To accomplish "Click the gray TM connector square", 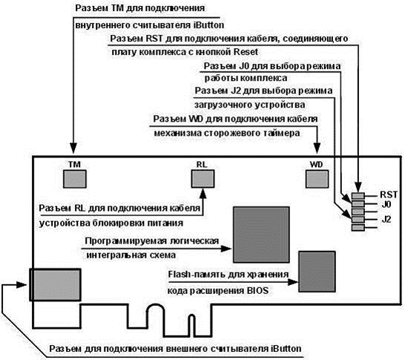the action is [75, 179].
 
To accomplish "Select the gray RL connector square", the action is [202, 179].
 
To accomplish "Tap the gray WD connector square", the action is [317, 179].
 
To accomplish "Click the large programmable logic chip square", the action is [261, 235].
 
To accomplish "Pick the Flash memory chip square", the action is [317, 272].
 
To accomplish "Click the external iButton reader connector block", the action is [55, 284].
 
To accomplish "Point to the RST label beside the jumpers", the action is [389, 194].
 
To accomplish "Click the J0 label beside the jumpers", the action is [386, 205].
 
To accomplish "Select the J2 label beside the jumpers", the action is [386, 220].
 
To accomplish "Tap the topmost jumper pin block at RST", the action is [358, 196].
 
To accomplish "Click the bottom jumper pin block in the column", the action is [358, 228].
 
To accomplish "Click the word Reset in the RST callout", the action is [246, 52].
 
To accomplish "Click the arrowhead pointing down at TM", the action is [73, 148].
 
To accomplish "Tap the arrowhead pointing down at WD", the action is [317, 148].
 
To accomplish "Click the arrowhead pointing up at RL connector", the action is [203, 193].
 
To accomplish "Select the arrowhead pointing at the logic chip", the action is [227, 249].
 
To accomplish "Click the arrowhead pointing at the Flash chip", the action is [293, 282].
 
